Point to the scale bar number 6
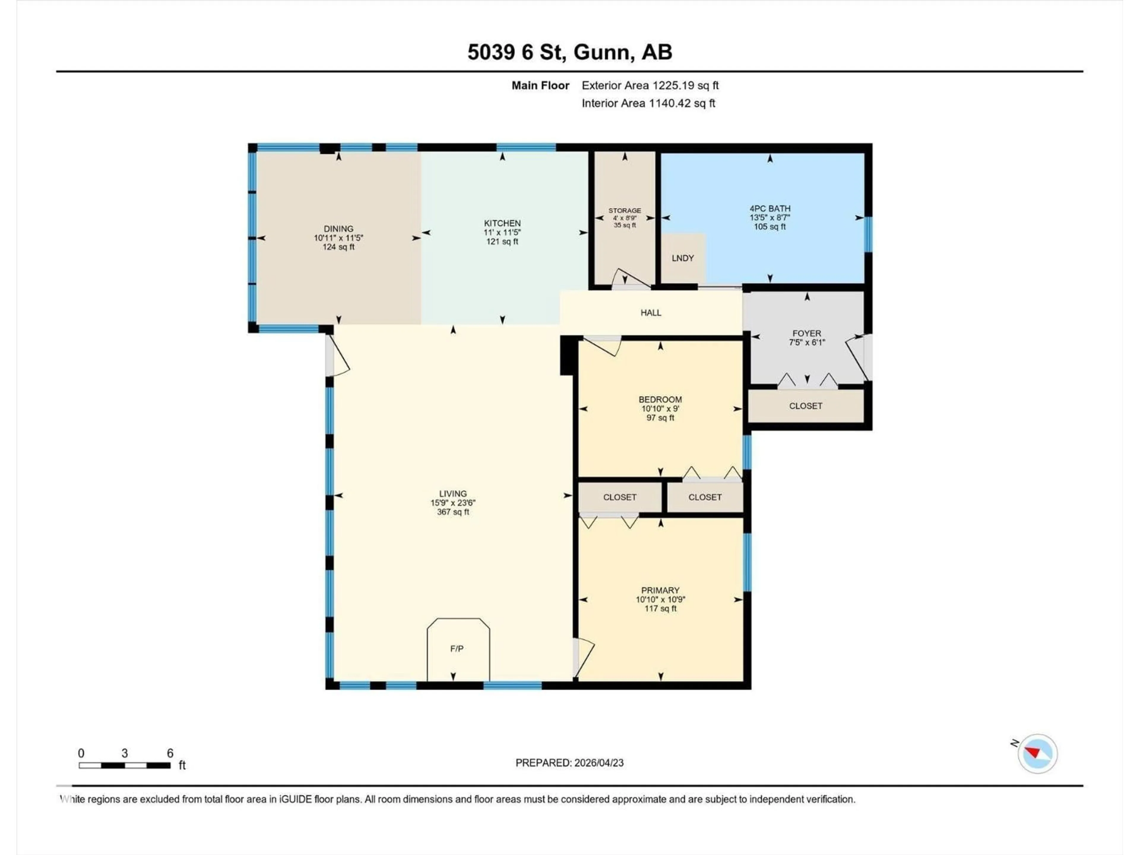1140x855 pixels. click(170, 753)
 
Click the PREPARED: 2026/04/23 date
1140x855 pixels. click(569, 763)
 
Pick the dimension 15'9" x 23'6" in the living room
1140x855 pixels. click(453, 503)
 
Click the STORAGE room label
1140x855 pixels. click(625, 210)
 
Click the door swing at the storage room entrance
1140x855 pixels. click(630, 278)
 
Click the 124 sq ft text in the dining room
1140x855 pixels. click(339, 247)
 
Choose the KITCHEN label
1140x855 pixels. click(502, 223)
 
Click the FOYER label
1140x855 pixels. click(807, 333)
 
